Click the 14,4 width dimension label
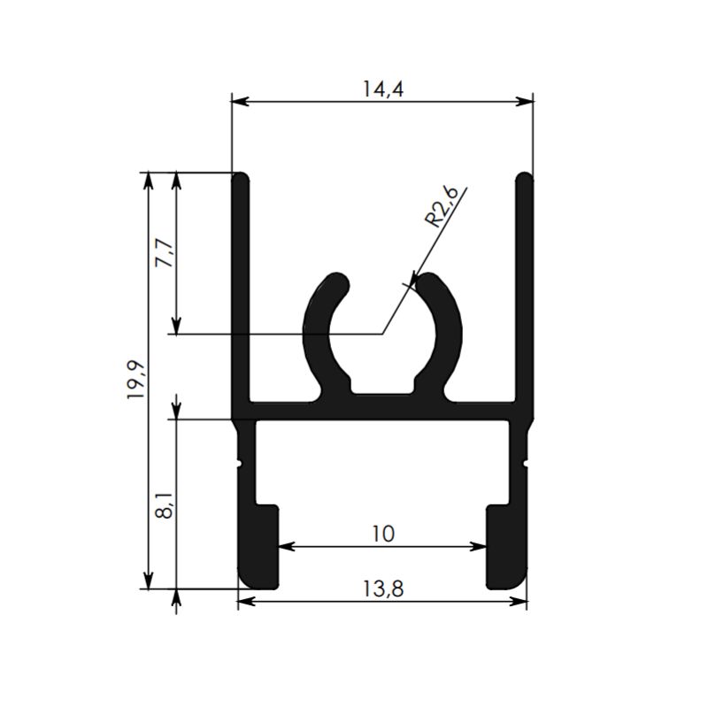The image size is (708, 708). [x=383, y=89]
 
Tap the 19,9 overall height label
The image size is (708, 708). [x=135, y=380]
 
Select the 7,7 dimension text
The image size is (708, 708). [x=165, y=254]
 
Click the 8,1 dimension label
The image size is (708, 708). [x=165, y=505]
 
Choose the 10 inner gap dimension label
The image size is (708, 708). [x=383, y=535]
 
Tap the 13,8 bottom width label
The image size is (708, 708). [x=383, y=589]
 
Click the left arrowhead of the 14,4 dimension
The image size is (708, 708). [x=239, y=102]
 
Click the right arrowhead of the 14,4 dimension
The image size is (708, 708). [x=525, y=102]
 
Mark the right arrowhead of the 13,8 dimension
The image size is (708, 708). [x=519, y=602]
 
